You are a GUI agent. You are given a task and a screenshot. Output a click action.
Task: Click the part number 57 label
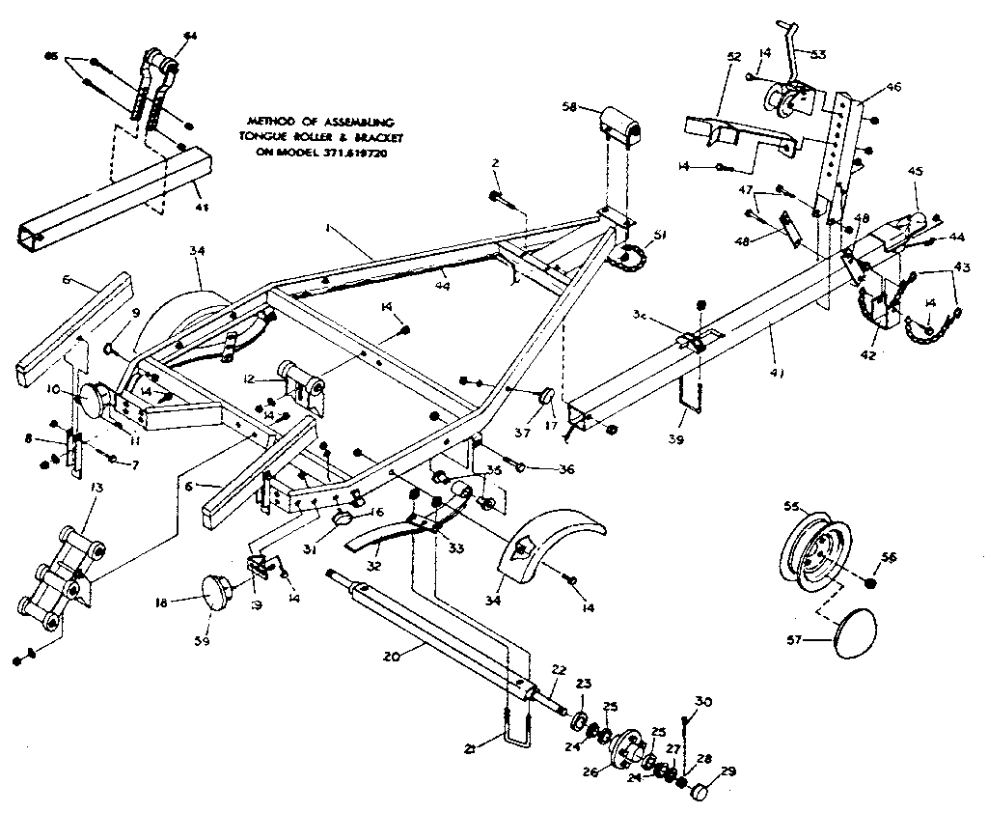coord(790,639)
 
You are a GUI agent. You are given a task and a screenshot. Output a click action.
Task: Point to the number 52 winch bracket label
coord(734,57)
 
